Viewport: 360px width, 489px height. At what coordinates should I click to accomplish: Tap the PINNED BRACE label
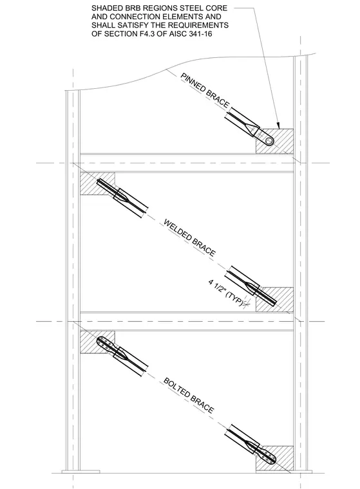(x=205, y=91)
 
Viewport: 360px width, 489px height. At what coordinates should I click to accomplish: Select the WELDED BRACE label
(x=189, y=237)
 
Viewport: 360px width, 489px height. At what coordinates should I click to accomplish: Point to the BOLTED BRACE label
(x=189, y=396)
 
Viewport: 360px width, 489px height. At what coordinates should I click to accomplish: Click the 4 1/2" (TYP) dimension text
(x=225, y=293)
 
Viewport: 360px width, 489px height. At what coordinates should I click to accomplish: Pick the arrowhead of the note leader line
(x=278, y=125)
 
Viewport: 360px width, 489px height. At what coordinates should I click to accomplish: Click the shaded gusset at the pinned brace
(x=275, y=141)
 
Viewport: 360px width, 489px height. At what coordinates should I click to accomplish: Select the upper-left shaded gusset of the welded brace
(x=97, y=184)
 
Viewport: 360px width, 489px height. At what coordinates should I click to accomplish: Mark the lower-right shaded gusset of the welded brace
(x=275, y=299)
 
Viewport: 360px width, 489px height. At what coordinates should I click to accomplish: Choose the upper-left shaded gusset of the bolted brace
(x=97, y=342)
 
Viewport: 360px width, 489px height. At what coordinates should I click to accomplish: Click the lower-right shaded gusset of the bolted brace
(x=275, y=458)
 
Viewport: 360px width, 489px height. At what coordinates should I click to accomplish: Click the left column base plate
(x=72, y=471)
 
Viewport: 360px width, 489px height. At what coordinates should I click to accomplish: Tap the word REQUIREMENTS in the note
(x=200, y=25)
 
